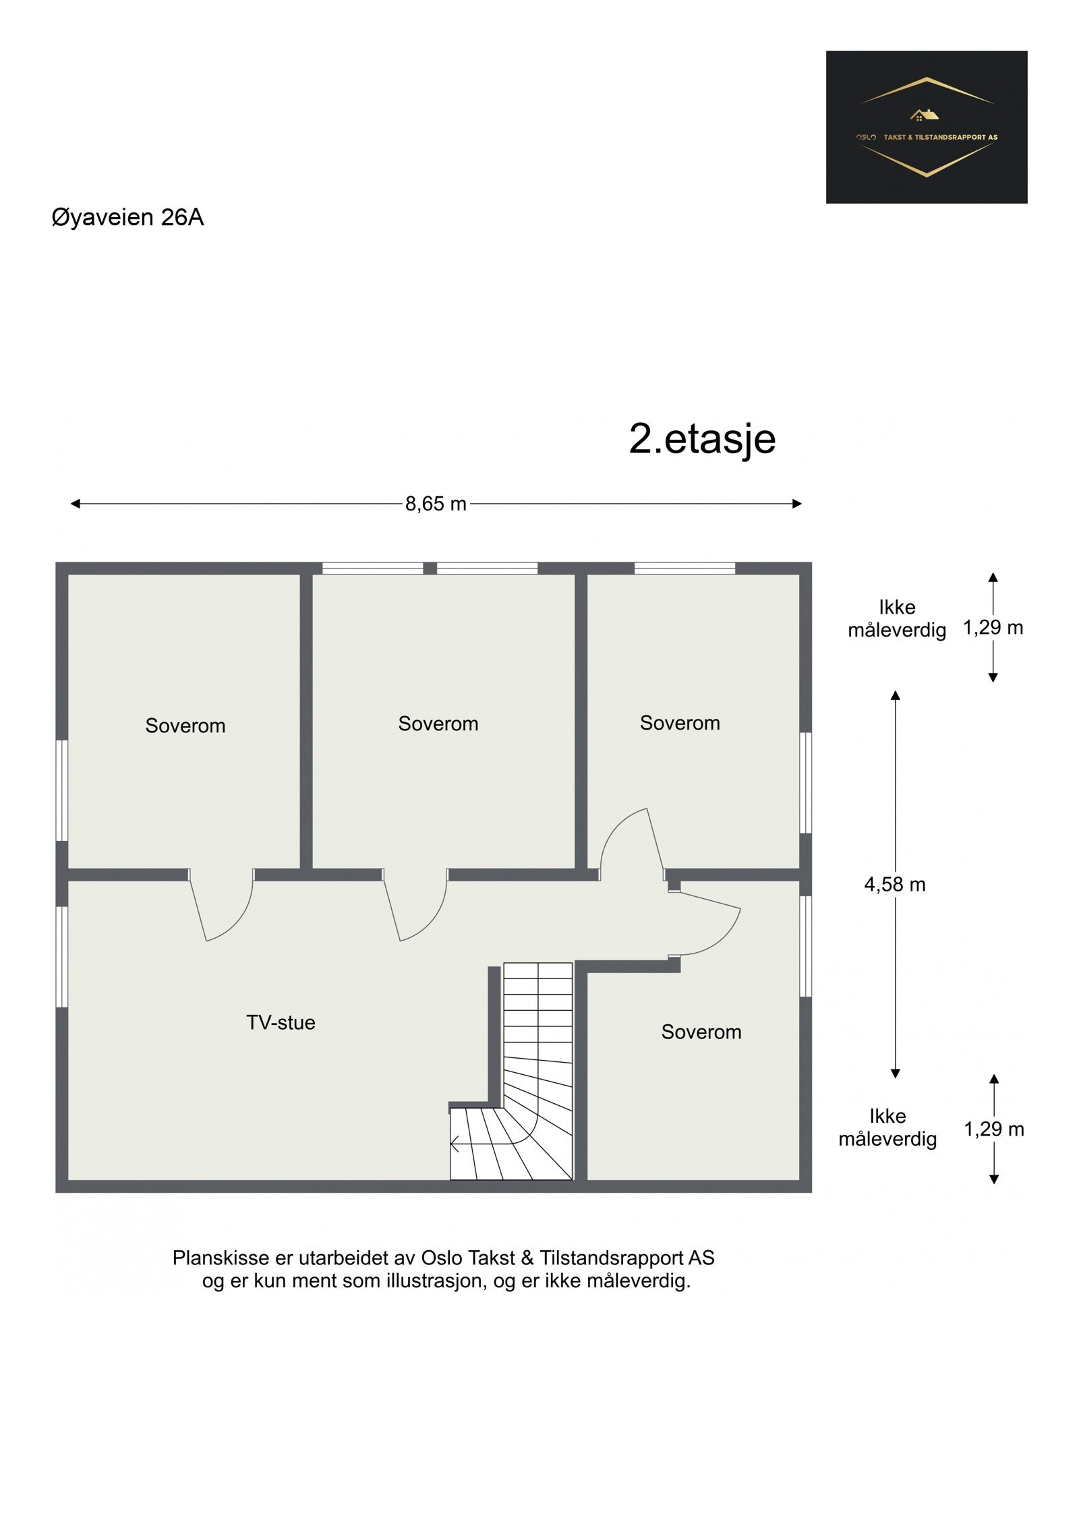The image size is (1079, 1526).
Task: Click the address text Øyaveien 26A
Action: (x=127, y=218)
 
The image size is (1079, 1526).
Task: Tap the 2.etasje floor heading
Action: (x=701, y=439)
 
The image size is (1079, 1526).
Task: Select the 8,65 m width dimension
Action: (x=435, y=504)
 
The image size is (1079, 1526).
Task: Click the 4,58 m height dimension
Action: (x=894, y=884)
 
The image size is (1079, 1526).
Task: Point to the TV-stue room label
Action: (x=281, y=1022)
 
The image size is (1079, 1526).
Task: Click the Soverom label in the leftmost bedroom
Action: (x=185, y=726)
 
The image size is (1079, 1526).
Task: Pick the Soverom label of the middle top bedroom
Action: (x=438, y=724)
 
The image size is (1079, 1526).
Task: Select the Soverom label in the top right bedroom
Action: (x=679, y=723)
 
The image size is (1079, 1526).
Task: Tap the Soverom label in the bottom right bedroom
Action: (x=701, y=1032)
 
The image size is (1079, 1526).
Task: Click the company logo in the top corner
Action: (x=926, y=127)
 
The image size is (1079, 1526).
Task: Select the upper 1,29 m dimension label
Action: (x=993, y=628)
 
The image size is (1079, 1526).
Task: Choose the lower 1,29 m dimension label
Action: (x=993, y=1129)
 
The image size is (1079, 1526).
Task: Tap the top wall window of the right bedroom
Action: (x=684, y=568)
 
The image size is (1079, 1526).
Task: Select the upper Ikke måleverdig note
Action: (x=896, y=618)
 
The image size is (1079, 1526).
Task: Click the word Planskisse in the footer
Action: (x=213, y=1258)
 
